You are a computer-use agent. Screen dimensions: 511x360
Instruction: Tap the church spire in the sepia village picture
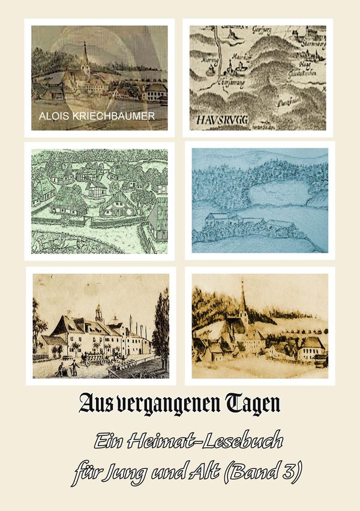242,300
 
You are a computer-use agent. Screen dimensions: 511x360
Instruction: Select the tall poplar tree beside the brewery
161,324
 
